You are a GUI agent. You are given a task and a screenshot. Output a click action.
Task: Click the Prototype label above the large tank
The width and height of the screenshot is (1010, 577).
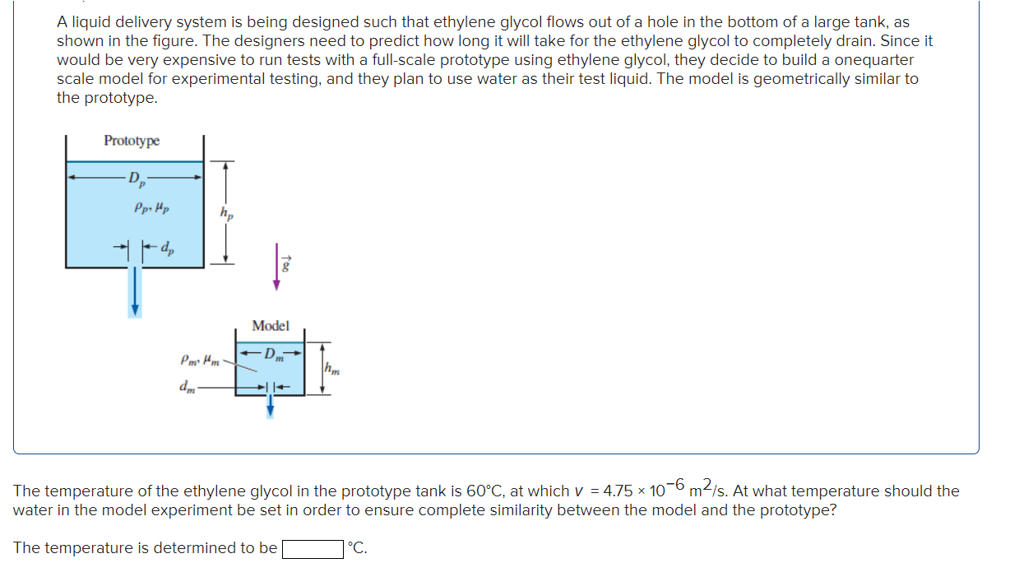coord(132,141)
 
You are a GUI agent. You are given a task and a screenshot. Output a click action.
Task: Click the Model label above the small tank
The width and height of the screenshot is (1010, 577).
coord(271,326)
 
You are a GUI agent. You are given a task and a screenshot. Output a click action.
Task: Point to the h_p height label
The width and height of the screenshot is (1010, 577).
coord(225,214)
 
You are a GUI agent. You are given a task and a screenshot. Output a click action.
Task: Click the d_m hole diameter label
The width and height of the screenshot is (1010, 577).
coord(186,388)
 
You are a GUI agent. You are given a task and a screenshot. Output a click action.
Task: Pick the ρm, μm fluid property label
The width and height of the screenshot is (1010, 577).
coord(198,360)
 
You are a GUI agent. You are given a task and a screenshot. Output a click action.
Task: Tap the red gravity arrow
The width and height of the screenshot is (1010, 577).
coord(278,267)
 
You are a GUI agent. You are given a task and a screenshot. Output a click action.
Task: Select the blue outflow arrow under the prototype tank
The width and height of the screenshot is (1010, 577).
coord(137,292)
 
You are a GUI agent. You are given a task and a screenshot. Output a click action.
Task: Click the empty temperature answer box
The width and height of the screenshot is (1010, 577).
coord(313,548)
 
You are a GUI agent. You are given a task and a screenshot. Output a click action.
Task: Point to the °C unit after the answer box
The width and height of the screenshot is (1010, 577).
coord(357,548)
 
